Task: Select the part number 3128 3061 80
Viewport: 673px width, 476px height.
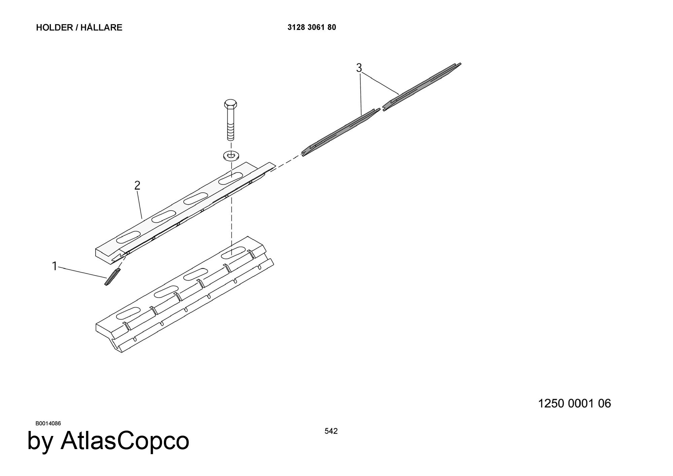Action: click(x=312, y=27)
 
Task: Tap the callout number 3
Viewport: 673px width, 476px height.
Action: click(x=359, y=68)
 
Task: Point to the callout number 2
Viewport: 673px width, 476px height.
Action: click(x=137, y=185)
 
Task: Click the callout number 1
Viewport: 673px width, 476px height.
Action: click(x=55, y=266)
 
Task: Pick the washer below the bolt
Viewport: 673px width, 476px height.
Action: click(x=231, y=155)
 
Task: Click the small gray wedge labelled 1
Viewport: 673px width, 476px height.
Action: click(x=112, y=277)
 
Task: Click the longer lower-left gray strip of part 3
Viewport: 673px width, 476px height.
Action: click(x=341, y=133)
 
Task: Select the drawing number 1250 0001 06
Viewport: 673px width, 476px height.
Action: click(x=574, y=403)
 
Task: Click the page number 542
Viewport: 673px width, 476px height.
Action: click(x=331, y=431)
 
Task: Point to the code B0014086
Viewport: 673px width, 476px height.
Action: click(x=48, y=423)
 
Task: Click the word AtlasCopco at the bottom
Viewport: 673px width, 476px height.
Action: click(x=125, y=441)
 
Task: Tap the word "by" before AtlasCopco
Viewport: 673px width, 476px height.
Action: click(x=40, y=442)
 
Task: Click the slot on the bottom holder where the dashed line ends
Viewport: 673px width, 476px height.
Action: click(x=233, y=253)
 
